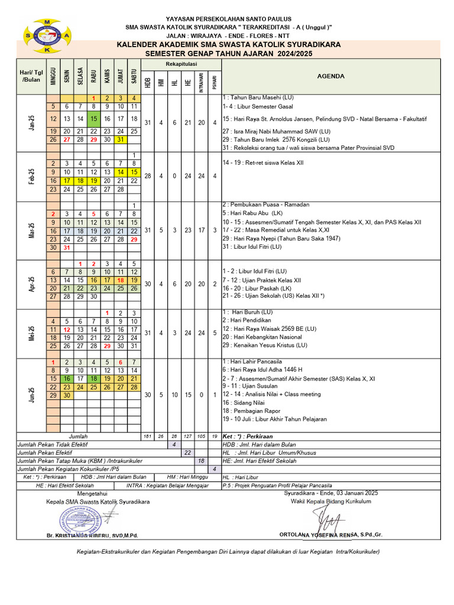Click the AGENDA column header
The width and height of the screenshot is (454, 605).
(x=330, y=76)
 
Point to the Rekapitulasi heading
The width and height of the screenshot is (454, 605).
(x=181, y=63)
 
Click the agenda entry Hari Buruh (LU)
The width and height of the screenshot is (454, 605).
(x=248, y=311)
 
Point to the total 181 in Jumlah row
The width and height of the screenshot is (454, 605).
(x=147, y=436)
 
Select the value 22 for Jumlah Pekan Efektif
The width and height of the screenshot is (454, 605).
(x=187, y=452)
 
